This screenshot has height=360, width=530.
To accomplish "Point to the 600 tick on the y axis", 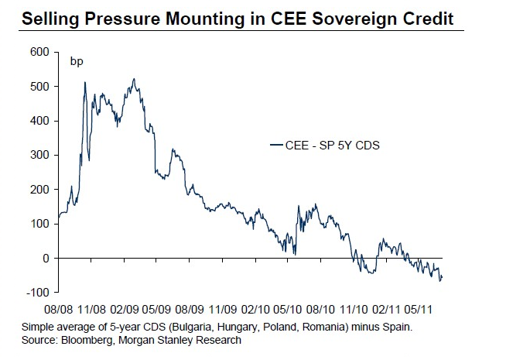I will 40,53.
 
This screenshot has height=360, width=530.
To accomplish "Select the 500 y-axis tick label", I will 40,87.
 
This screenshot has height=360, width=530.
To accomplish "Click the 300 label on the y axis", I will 40,155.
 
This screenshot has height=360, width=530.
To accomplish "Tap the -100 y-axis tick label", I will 38,292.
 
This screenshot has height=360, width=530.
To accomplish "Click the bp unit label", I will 77,61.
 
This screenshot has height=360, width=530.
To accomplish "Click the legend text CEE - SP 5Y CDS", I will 330,144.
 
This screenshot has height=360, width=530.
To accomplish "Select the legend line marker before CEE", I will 276,145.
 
